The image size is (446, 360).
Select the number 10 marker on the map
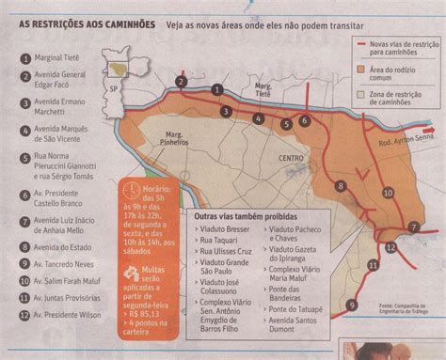(387, 192)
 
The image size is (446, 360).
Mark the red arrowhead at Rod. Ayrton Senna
(435, 132)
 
